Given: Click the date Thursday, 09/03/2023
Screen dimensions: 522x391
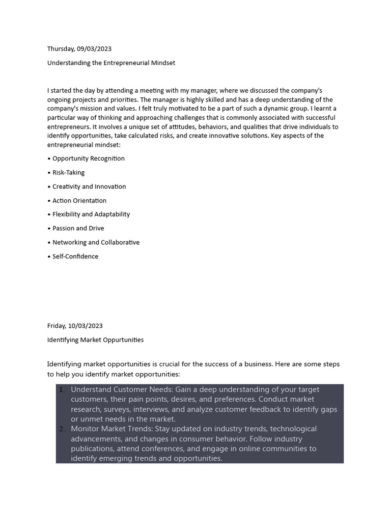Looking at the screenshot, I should (x=79, y=49).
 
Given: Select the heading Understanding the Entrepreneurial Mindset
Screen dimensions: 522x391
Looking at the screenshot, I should (x=111, y=63).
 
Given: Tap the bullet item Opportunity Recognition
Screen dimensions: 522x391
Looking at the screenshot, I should (x=88, y=159).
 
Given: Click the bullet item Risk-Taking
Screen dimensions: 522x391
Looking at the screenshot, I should (x=68, y=173).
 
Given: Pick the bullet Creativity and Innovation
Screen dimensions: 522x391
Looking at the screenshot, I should (x=89, y=187).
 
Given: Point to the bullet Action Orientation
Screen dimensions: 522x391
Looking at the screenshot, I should (x=79, y=201).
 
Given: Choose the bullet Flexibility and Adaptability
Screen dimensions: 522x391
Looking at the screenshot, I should (x=91, y=215).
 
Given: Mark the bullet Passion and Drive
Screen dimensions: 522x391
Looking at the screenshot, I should (x=78, y=228).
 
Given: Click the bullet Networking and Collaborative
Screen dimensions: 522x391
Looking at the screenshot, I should (x=96, y=243).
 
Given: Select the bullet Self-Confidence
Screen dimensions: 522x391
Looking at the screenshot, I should (x=75, y=256).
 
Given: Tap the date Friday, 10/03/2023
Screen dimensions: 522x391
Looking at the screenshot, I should (x=75, y=326).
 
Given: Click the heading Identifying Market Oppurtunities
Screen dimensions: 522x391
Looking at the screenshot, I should (x=95, y=340).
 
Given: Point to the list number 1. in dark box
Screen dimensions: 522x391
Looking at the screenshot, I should (x=62, y=390).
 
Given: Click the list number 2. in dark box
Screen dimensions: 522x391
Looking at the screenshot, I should (x=62, y=429).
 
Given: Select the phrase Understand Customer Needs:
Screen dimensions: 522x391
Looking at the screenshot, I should (x=122, y=389).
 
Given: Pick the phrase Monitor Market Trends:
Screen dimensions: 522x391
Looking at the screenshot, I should (x=111, y=429).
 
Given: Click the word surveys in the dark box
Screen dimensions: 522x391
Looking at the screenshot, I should (x=117, y=409).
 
